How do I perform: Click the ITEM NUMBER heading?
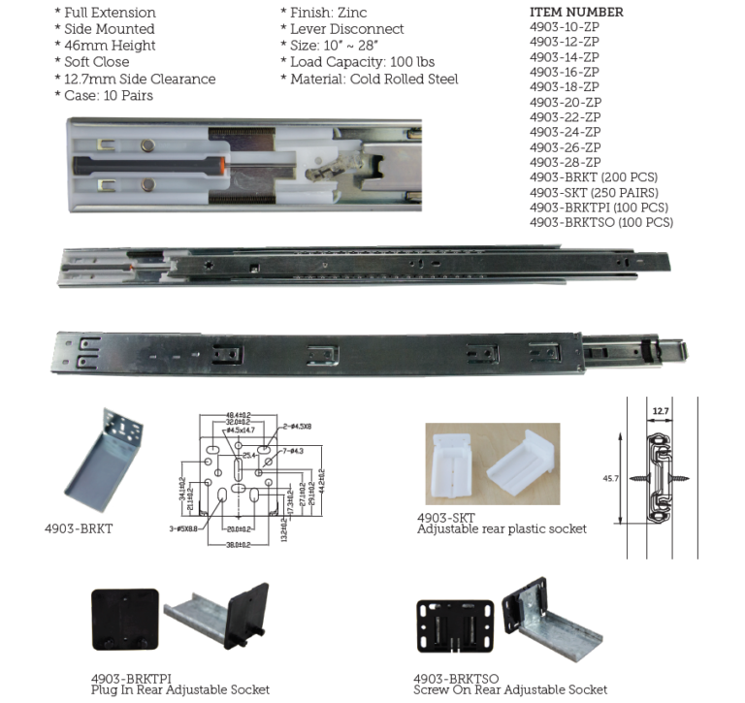576,13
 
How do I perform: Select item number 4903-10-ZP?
564,27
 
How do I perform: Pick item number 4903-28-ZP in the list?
564,162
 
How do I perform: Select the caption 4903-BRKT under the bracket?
79,528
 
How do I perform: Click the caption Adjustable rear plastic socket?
502,528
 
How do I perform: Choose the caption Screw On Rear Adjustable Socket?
510,689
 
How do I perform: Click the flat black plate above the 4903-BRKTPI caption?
124,619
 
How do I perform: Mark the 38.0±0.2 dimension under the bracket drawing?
238,545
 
